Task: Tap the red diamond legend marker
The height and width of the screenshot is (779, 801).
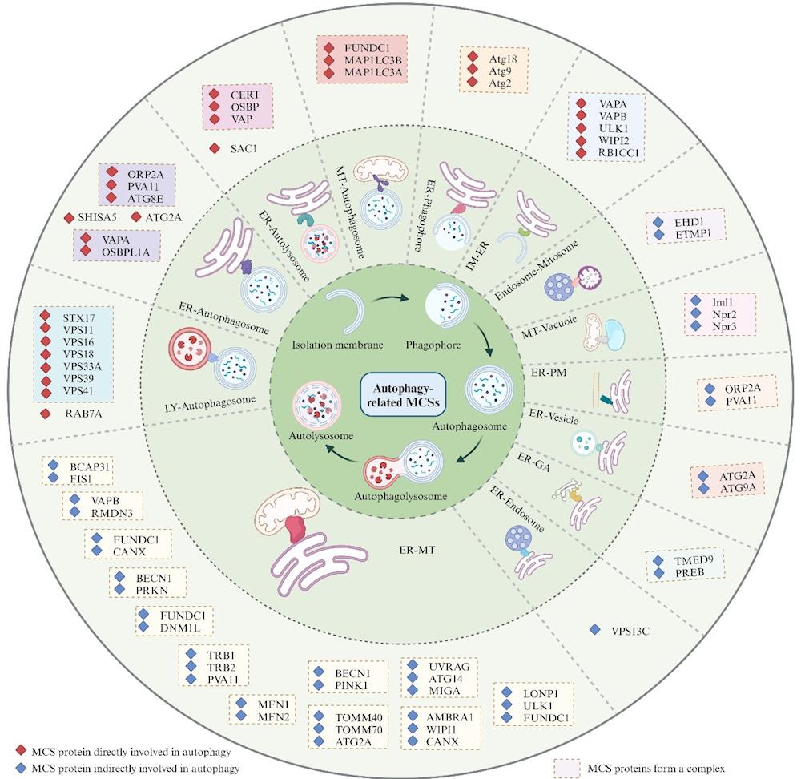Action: [22, 750]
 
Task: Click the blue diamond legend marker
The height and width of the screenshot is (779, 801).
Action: [22, 768]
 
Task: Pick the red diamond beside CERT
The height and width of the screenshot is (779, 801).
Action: [214, 93]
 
